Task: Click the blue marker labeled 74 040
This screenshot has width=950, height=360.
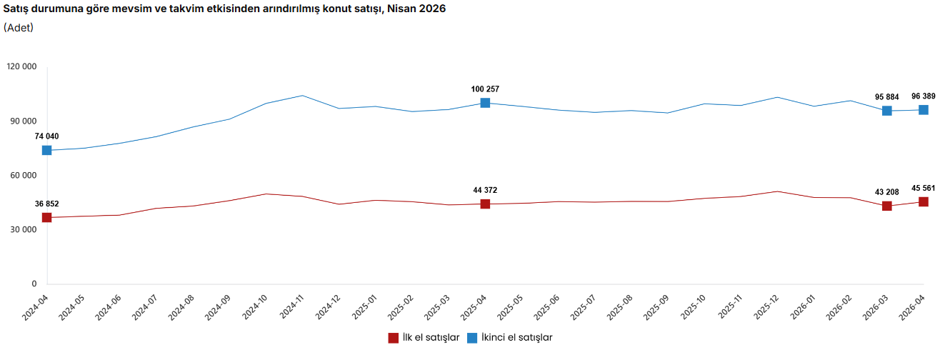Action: [46, 150]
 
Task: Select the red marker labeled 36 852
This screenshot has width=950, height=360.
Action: [46, 218]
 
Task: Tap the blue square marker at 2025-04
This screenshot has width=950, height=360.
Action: [485, 103]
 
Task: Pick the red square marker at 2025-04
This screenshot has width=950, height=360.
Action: [485, 204]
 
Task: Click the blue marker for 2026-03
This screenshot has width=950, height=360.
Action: [887, 111]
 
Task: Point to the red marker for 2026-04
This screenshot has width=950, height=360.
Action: [924, 202]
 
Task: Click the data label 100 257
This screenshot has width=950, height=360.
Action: [485, 89]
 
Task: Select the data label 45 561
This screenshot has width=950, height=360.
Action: [924, 189]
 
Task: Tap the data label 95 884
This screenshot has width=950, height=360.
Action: [887, 97]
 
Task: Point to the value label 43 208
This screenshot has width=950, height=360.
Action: [887, 192]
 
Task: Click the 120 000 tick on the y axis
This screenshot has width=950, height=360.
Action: [21, 66]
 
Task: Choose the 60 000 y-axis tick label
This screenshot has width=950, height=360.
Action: [24, 175]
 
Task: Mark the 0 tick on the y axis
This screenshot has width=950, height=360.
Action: [34, 284]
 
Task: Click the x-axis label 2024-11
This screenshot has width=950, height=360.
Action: [291, 307]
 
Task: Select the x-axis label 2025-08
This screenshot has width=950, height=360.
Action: [619, 307]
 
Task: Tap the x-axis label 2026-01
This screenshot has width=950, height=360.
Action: [803, 307]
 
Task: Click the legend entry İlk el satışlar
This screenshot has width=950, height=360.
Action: [424, 338]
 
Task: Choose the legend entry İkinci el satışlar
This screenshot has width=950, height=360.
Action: [510, 338]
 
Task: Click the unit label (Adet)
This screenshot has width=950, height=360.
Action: [19, 28]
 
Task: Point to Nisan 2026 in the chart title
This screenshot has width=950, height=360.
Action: [416, 9]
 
